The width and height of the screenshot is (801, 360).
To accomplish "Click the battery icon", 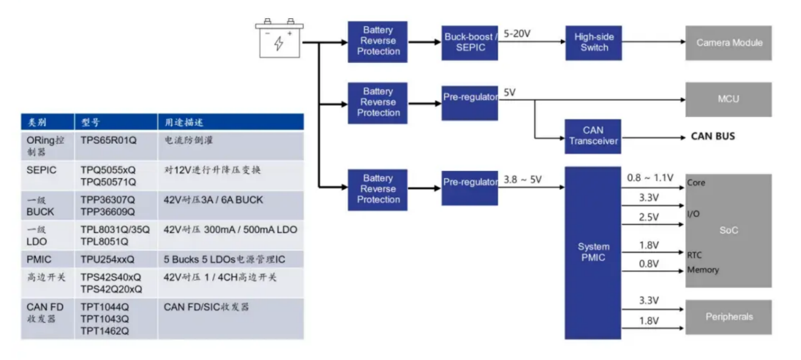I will tap(278, 39).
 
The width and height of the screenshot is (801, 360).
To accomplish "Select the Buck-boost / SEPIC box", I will tap(469, 42).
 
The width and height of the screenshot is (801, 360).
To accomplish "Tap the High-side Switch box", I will tap(594, 42).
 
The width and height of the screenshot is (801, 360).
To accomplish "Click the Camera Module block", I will tap(728, 43).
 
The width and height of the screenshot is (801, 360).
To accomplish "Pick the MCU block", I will tap(728, 99).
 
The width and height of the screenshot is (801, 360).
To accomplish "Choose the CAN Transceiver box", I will tap(593, 136).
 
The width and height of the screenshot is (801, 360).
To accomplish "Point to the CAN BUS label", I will tap(712, 136).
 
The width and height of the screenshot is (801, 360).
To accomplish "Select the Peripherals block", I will tap(728, 317).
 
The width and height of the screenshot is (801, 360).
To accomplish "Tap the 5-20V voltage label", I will tap(517, 34).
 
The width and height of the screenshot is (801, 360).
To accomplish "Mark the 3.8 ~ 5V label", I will tap(523, 180).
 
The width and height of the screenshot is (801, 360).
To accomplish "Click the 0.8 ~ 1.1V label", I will tap(650, 178).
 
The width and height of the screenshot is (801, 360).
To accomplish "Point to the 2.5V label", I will tap(649, 218).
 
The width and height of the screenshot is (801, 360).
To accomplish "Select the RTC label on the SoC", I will tap(694, 255).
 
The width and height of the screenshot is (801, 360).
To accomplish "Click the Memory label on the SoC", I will tap(703, 270).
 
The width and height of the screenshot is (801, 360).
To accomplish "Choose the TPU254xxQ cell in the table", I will tap(107, 259).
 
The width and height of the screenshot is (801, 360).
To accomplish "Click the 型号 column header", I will tap(90, 122).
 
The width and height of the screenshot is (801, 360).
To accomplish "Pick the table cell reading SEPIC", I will tap(41, 170).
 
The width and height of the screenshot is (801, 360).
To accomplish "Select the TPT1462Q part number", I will tap(104, 330).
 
